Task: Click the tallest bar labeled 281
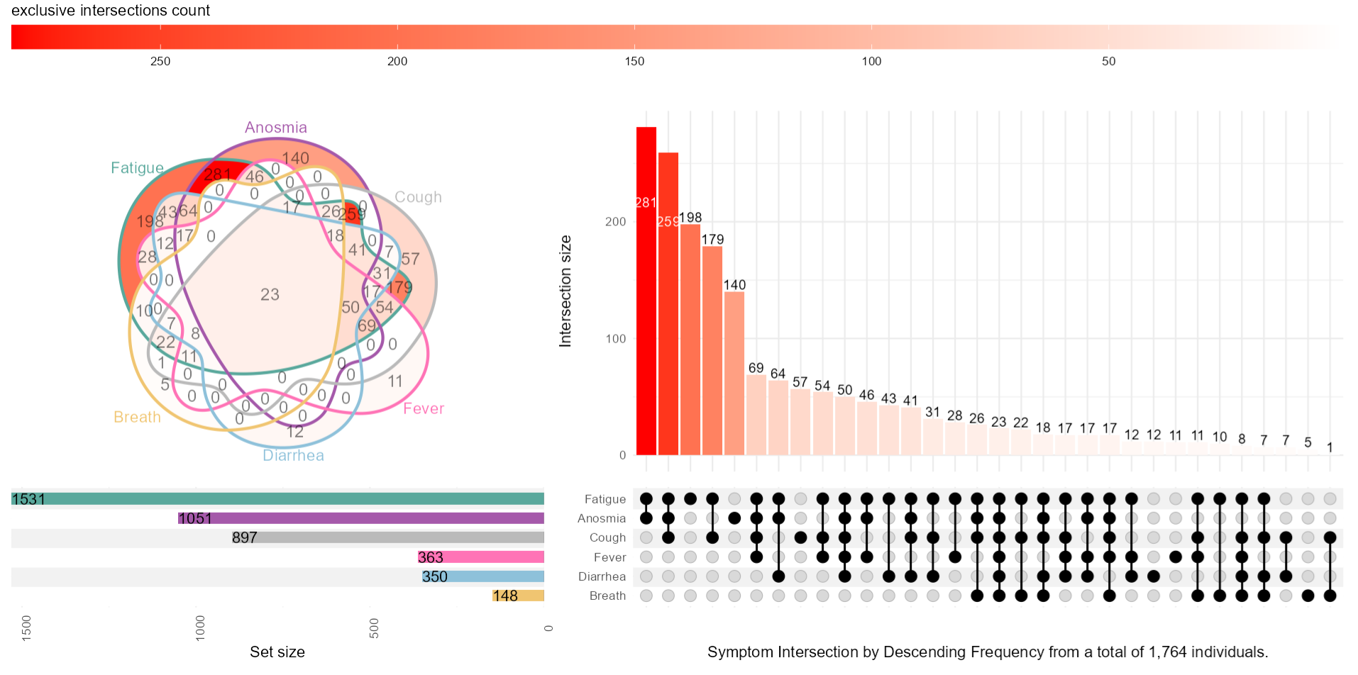pyautogui.click(x=646, y=291)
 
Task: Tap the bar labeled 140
pyautogui.click(x=734, y=373)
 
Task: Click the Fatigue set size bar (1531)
pyautogui.click(x=277, y=499)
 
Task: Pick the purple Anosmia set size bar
pyautogui.click(x=361, y=518)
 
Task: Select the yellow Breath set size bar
pyautogui.click(x=518, y=596)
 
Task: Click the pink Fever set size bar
pyautogui.click(x=481, y=557)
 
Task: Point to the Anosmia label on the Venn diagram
pyautogui.click(x=276, y=128)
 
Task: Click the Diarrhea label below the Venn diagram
pyautogui.click(x=293, y=455)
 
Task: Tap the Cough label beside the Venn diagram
pyautogui.click(x=418, y=197)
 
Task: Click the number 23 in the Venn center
pyautogui.click(x=270, y=294)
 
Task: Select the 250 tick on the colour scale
pyautogui.click(x=160, y=61)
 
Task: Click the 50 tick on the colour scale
pyautogui.click(x=1108, y=61)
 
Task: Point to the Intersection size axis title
pyautogui.click(x=565, y=291)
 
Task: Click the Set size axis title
pyautogui.click(x=277, y=652)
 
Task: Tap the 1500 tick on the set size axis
pyautogui.click(x=26, y=628)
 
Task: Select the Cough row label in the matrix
pyautogui.click(x=607, y=537)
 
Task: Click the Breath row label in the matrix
pyautogui.click(x=607, y=596)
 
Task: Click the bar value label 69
pyautogui.click(x=756, y=368)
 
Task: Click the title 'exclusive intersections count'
pyautogui.click(x=111, y=11)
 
